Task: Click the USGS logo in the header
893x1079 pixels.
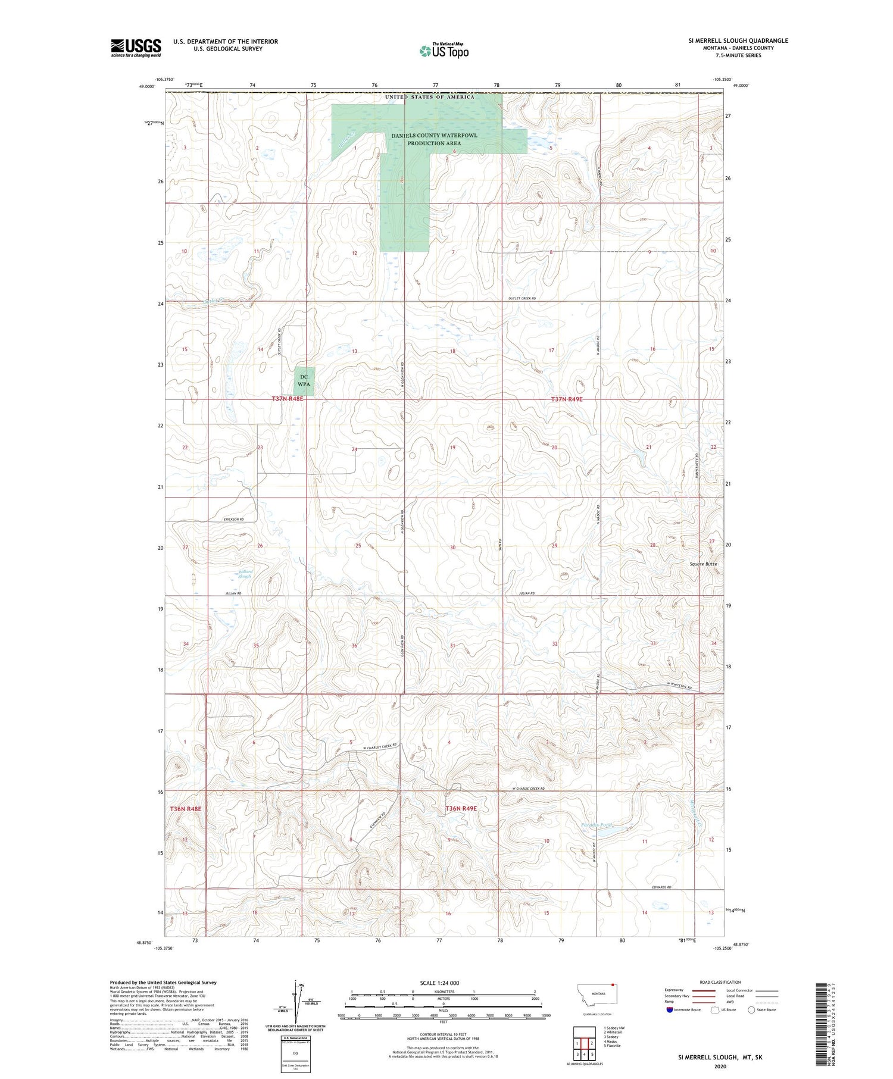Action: pos(136,48)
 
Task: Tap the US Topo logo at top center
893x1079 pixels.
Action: pos(444,51)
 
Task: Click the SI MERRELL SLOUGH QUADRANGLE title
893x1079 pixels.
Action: pos(738,40)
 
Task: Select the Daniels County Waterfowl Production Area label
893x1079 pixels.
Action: pos(434,139)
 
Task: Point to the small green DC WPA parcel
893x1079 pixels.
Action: pos(304,380)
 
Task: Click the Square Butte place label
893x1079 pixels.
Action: pos(703,564)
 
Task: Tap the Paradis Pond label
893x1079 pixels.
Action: pos(596,825)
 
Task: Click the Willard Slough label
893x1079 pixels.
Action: pos(245,574)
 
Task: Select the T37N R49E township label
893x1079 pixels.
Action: pos(566,399)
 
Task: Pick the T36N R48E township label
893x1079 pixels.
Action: pos(186,809)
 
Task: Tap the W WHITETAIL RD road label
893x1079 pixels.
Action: pos(679,687)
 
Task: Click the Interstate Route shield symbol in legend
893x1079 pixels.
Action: pos(670,1010)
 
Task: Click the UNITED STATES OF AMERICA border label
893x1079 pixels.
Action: pos(430,96)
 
